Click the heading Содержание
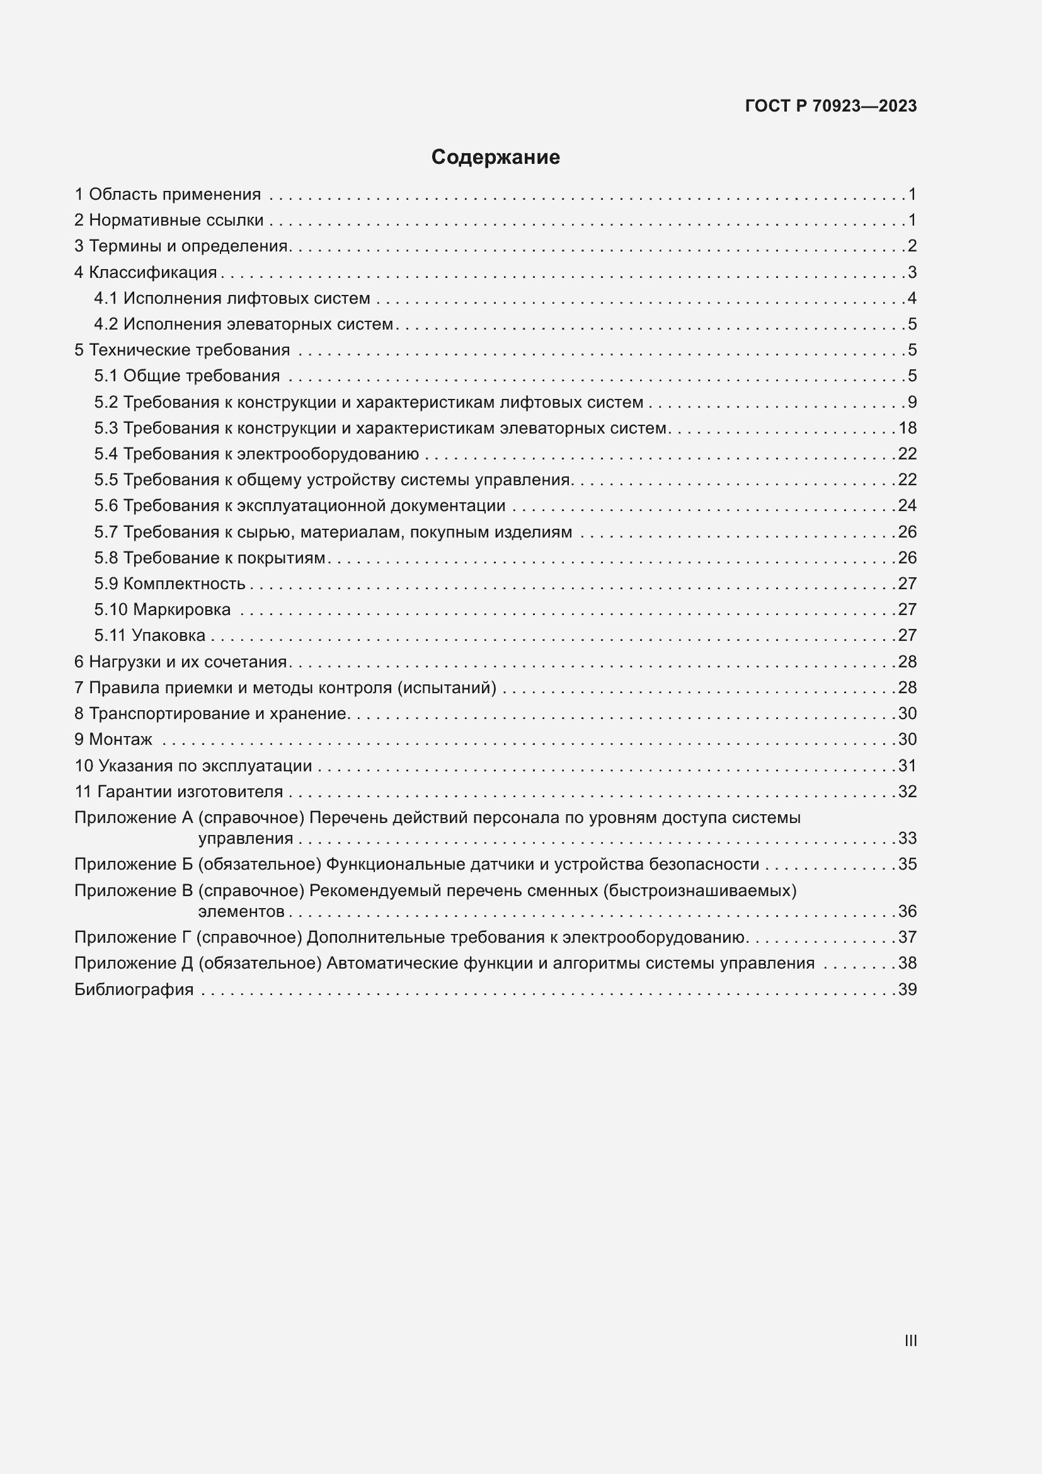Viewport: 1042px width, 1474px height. click(x=495, y=158)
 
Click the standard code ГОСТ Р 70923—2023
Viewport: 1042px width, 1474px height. click(x=830, y=106)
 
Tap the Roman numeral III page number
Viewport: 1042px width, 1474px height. click(x=910, y=1340)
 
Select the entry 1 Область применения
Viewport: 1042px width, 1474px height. click(x=168, y=195)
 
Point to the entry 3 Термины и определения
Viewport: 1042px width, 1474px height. click(x=182, y=246)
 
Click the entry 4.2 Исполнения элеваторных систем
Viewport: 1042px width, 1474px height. click(x=244, y=324)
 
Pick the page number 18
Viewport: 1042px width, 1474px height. click(x=907, y=428)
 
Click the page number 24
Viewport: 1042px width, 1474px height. click(x=907, y=506)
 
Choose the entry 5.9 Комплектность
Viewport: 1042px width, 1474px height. click(x=170, y=584)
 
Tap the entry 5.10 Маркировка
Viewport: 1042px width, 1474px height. click(x=163, y=609)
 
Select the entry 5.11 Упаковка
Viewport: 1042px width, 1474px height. click(x=150, y=636)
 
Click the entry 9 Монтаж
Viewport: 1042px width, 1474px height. click(x=113, y=740)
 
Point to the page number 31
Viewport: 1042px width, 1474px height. click(x=907, y=766)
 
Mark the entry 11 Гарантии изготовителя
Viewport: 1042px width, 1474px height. click(x=179, y=792)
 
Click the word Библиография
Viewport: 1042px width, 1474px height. click(x=134, y=989)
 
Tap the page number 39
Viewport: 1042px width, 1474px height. click(x=907, y=989)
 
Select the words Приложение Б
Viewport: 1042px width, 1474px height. click(x=134, y=865)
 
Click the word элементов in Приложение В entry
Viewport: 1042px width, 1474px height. click(x=241, y=912)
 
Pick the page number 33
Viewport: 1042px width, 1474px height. click(x=907, y=838)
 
